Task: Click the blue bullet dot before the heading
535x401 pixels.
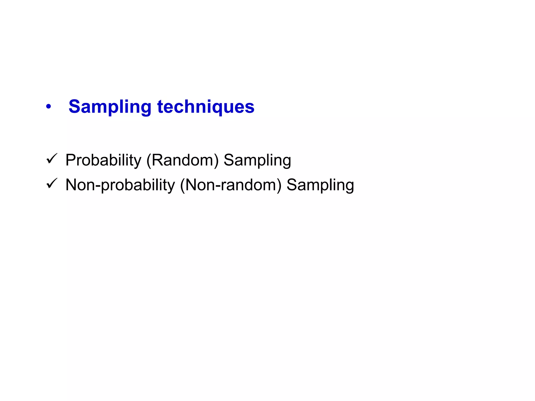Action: [48, 107]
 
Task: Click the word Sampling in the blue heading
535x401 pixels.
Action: [110, 107]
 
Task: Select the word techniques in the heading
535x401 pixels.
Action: [206, 107]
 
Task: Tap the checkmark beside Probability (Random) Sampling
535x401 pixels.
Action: [51, 159]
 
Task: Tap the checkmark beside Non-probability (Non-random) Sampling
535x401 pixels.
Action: [51, 184]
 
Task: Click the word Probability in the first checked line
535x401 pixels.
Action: [103, 160]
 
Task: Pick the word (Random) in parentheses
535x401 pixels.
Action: [182, 160]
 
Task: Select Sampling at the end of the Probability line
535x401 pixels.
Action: [257, 160]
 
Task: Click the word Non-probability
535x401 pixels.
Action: [120, 185]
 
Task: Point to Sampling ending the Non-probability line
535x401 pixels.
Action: [320, 185]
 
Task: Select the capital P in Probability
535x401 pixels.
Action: [71, 160]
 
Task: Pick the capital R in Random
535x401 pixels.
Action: [157, 160]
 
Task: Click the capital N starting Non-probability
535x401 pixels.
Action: [72, 185]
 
